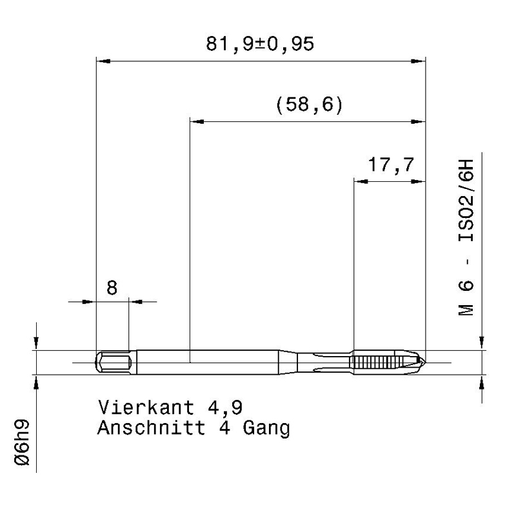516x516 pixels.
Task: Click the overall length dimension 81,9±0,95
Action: point(260,44)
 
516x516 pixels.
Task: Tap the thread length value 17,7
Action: point(391,164)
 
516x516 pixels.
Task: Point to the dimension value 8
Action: point(112,288)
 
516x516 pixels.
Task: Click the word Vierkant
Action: point(146,408)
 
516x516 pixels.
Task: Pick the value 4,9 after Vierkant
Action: point(225,408)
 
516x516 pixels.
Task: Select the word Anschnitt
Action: point(152,428)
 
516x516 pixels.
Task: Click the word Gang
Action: point(266,429)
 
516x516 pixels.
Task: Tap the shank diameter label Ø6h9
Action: point(22,442)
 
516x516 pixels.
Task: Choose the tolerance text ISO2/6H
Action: point(466,201)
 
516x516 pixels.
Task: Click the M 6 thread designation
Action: point(466,298)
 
